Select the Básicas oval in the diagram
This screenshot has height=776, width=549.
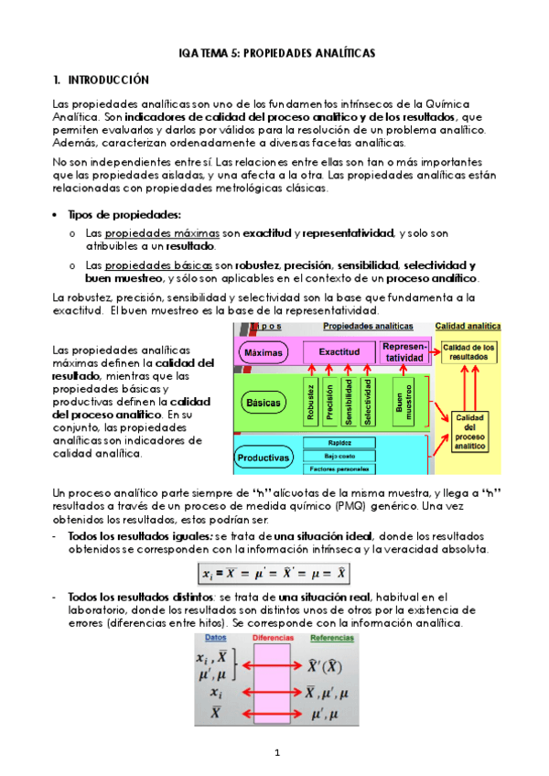(264, 402)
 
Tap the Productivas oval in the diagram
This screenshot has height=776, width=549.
(264, 457)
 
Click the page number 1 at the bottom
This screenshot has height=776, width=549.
(274, 752)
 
